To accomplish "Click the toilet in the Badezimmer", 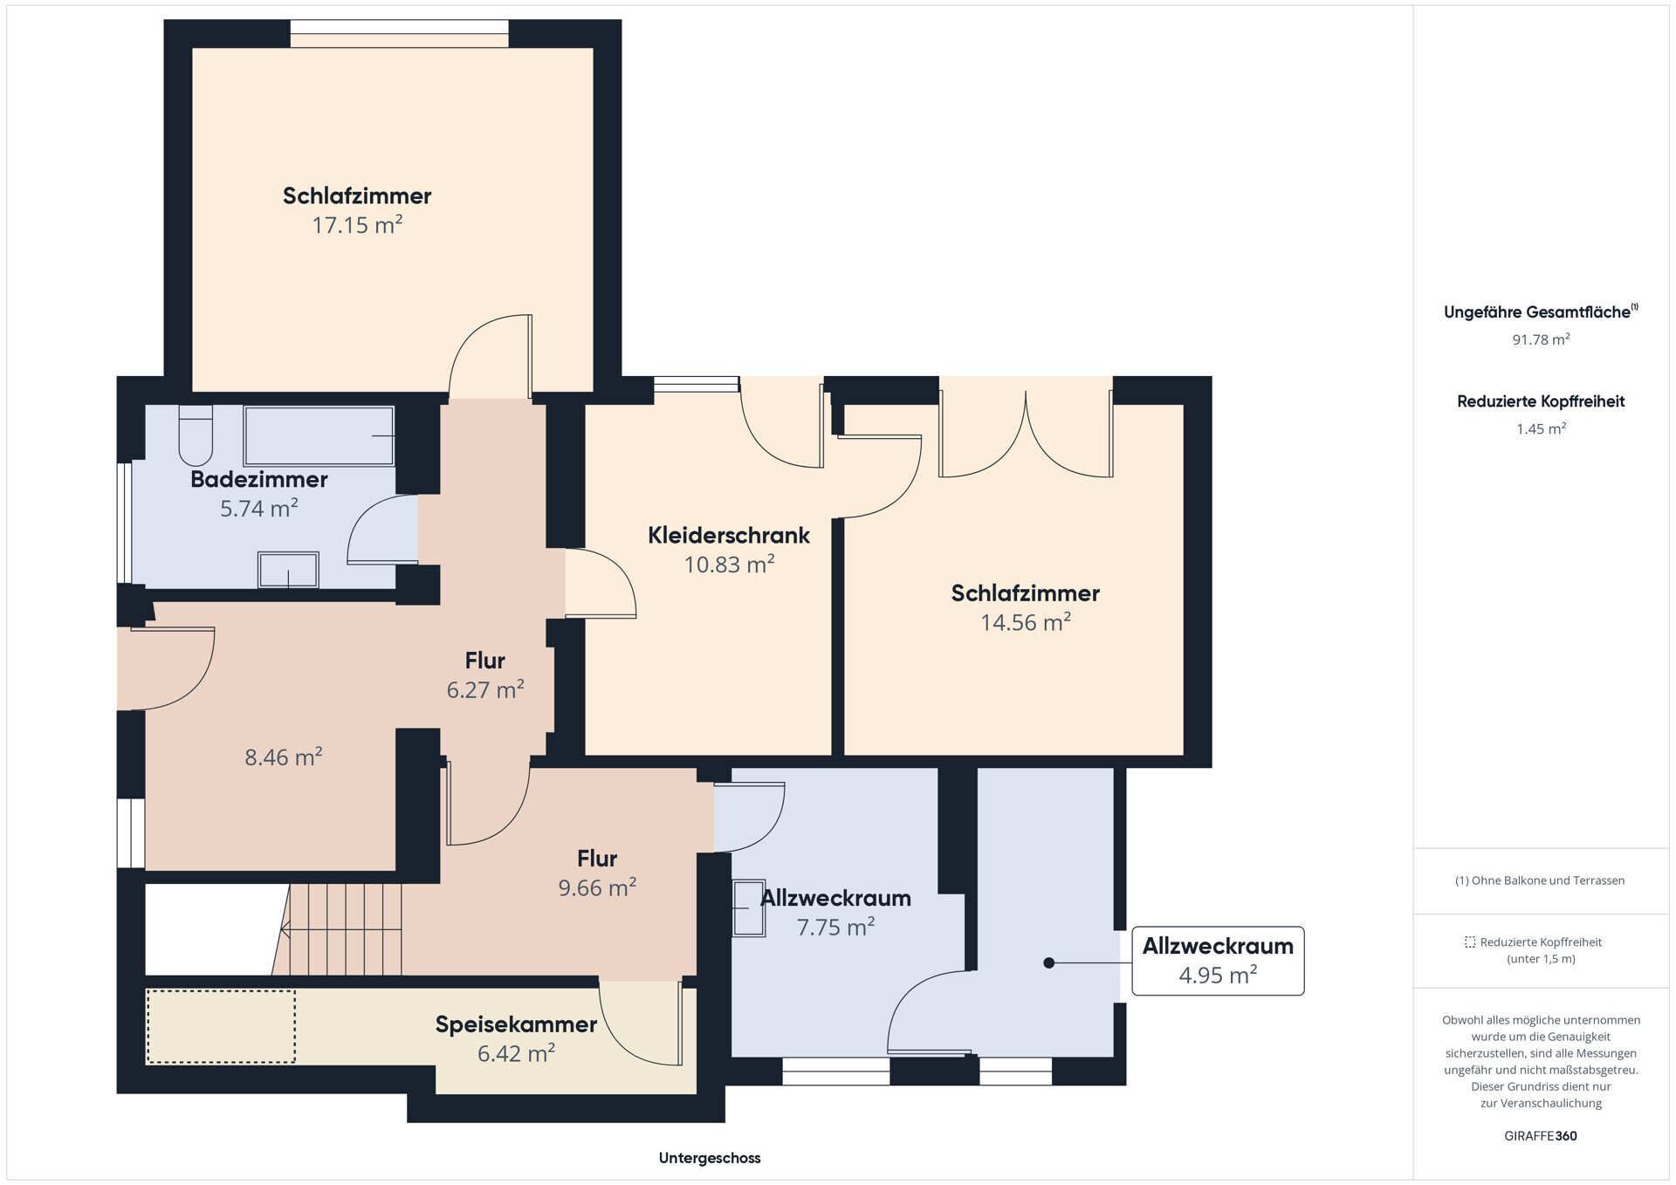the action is [196, 435].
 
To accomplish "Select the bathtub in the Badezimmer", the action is [319, 435].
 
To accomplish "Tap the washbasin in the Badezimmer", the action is [288, 570].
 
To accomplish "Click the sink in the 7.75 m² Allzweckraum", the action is [748, 908].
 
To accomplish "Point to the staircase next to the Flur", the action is [339, 929].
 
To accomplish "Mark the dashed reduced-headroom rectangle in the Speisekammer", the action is [221, 1026].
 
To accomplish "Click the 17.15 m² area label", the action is [357, 225].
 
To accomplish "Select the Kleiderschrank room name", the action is [729, 535].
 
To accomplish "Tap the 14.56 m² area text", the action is [1026, 622].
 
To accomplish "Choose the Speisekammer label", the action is [516, 1024].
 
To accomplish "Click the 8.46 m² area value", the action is [284, 757].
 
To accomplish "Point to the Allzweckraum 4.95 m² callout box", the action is [1218, 961].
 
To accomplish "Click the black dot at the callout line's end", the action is [1049, 962].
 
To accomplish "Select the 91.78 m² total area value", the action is [1541, 339].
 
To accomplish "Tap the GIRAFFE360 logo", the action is [1541, 1136].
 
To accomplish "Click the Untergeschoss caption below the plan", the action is [710, 1158].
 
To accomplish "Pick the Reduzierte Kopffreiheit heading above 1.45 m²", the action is [1541, 401].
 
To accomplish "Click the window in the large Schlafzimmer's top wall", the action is [399, 33].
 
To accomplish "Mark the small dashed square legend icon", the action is [1470, 942].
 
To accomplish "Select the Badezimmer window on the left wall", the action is [125, 522].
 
